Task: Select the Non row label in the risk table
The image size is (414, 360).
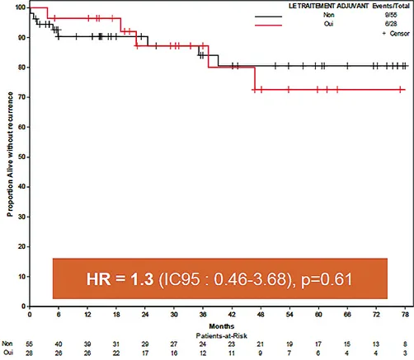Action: click(8, 345)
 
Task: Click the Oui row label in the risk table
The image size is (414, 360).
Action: click(8, 354)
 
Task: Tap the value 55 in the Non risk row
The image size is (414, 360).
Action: click(30, 345)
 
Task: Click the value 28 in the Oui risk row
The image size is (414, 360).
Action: click(30, 354)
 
